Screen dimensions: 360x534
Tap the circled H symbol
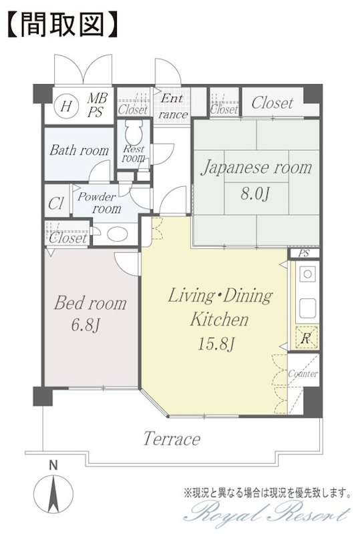(x=66, y=107)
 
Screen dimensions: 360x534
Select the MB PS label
(x=97, y=105)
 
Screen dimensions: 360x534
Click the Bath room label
(x=79, y=150)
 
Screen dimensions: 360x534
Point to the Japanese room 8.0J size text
(x=255, y=194)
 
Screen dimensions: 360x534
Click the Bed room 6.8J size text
(x=85, y=325)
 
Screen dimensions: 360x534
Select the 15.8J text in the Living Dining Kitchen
(x=216, y=344)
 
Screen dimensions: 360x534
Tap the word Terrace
(x=172, y=439)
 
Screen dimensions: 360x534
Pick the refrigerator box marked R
(x=307, y=338)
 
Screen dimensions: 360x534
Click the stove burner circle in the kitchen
(x=307, y=274)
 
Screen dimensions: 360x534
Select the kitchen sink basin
(x=307, y=308)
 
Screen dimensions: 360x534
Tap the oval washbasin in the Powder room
(x=118, y=234)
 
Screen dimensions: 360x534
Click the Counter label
(x=303, y=374)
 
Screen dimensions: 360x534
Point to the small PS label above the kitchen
(x=304, y=254)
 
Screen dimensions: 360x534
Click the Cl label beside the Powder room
(x=56, y=204)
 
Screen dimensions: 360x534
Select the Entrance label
(x=173, y=106)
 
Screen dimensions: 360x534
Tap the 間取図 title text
(x=62, y=25)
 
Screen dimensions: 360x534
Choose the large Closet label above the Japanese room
(x=273, y=102)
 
